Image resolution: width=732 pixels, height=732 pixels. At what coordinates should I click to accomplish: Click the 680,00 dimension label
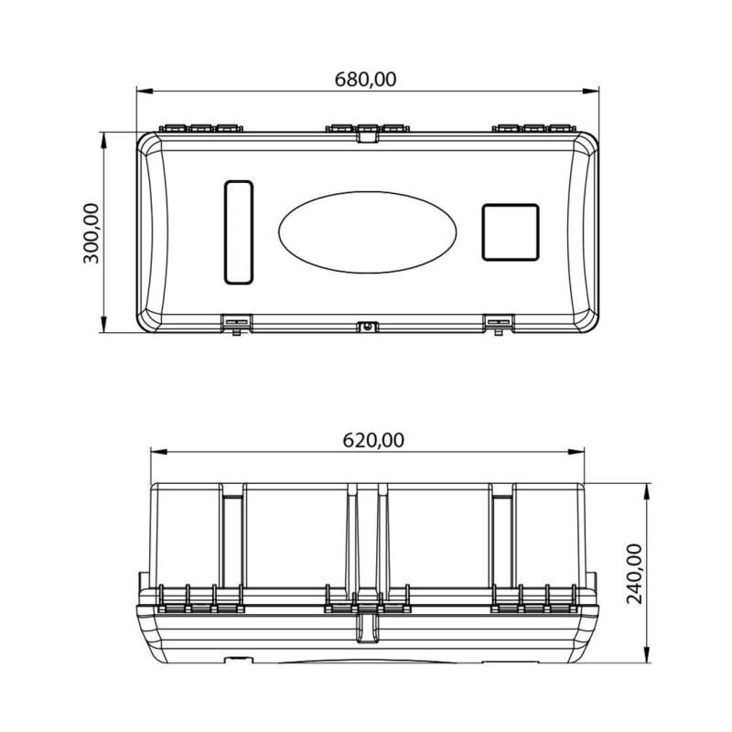pos(365,80)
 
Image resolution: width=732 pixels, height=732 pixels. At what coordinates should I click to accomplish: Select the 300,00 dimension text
pos(91,233)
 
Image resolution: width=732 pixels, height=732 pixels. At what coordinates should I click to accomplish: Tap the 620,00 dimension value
pos(373,440)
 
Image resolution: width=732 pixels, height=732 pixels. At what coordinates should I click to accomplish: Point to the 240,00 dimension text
pos(634,574)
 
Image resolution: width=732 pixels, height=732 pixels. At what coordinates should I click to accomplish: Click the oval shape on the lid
pos(368,232)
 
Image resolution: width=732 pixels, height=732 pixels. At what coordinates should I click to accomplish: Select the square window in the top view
pos(511,232)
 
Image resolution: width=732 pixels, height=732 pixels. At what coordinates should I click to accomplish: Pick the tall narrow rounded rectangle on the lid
pos(239,232)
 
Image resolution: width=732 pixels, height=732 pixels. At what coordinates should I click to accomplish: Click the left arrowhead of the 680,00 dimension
pos(145,91)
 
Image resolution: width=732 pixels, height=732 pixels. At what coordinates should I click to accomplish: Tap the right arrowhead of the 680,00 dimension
pos(591,91)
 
